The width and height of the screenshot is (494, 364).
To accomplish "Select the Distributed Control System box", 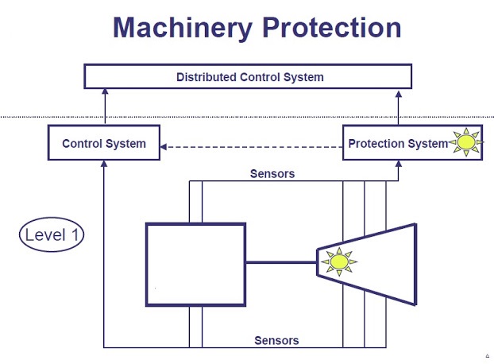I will pyautogui.click(x=249, y=77).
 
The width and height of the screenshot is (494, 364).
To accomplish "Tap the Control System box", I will pyautogui.click(x=104, y=144).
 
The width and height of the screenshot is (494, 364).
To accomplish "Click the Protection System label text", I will pyautogui.click(x=397, y=144).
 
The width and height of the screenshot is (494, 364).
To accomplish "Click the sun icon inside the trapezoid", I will pyautogui.click(x=339, y=261).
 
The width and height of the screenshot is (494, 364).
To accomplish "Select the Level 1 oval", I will pyautogui.click(x=52, y=234).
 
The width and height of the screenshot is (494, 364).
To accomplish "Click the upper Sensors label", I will pyautogui.click(x=272, y=174).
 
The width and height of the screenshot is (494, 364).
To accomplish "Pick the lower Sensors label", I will pyautogui.click(x=276, y=340).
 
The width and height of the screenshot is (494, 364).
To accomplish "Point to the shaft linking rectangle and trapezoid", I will pyautogui.click(x=281, y=261).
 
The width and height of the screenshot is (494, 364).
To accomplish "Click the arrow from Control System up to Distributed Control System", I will pyautogui.click(x=104, y=106).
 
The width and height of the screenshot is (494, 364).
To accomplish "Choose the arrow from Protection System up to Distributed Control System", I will pyautogui.click(x=397, y=106).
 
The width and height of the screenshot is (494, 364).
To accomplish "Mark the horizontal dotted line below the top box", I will pyautogui.click(x=238, y=118).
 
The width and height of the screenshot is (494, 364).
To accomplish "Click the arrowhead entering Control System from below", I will pyautogui.click(x=104, y=165).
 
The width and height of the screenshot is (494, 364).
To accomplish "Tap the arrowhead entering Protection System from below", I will pyautogui.click(x=397, y=165).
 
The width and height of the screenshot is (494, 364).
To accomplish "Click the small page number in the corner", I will pyautogui.click(x=486, y=356).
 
